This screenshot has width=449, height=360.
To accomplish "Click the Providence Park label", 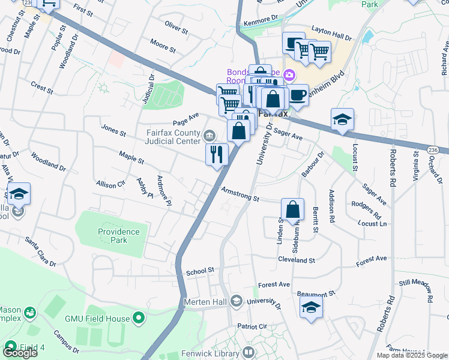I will coord(119,236).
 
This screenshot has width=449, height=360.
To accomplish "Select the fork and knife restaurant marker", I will coord(217,154).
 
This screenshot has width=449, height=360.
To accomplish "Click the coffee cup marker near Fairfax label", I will coord(298,94).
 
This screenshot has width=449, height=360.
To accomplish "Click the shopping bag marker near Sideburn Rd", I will coord(292,210).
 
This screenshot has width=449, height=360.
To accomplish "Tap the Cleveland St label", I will coord(297,260).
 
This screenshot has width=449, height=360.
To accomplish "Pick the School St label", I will coord(200,271).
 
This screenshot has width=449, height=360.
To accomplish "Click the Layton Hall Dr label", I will coord(332,37).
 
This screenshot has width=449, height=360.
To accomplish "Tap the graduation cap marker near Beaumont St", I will coord(310,308).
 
